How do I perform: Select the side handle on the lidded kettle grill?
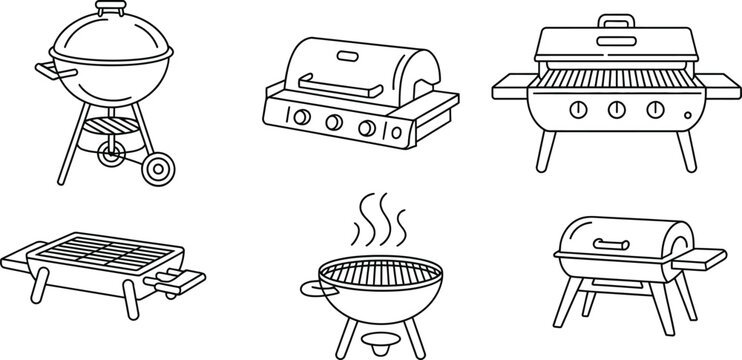coord(46,71)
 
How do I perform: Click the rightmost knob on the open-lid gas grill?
coord(655,109)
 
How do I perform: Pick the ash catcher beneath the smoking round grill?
coord(380,341)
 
